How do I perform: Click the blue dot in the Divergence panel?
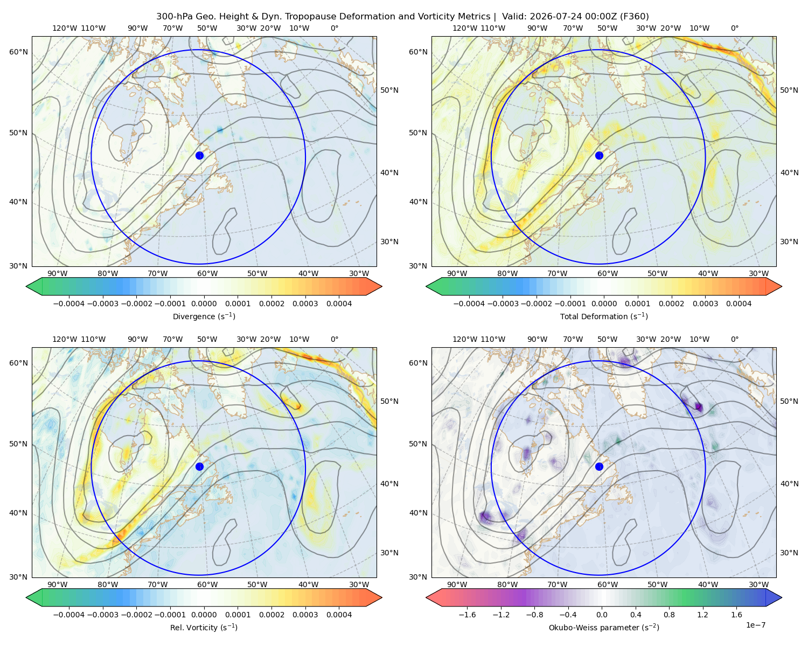click(x=199, y=155)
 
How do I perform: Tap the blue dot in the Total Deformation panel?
click(x=599, y=155)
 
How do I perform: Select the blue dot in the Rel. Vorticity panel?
click(x=199, y=466)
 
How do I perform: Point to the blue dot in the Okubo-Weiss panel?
click(x=599, y=466)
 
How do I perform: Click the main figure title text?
click(x=402, y=17)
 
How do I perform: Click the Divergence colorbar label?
click(x=204, y=316)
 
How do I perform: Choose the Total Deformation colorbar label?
click(x=604, y=316)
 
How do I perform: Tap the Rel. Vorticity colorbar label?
click(x=204, y=627)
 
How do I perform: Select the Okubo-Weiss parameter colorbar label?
click(x=604, y=627)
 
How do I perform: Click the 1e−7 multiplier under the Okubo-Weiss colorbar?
click(x=755, y=625)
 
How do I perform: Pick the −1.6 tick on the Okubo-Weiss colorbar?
click(x=468, y=615)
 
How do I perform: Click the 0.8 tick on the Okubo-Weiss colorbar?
click(x=669, y=615)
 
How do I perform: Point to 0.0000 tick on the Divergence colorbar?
click(x=204, y=304)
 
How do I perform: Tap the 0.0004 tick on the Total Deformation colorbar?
click(x=739, y=304)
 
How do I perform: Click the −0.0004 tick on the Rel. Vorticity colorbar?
click(x=69, y=615)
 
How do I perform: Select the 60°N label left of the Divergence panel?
click(x=18, y=52)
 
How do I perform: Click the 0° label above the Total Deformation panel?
click(x=735, y=28)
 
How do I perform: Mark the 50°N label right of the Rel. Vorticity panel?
click(x=389, y=401)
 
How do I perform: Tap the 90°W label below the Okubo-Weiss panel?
click(x=457, y=584)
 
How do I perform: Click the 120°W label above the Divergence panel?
click(x=65, y=28)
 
